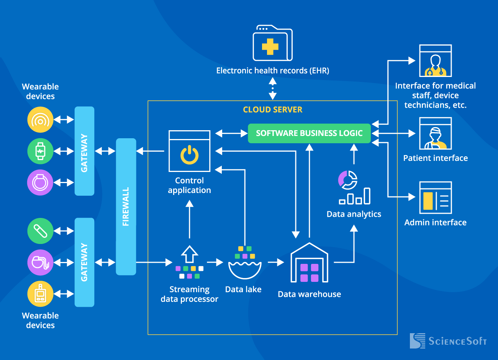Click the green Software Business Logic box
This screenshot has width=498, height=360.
point(309,133)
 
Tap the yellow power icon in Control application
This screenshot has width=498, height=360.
point(189,155)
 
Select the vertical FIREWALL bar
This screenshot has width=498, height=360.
point(126,206)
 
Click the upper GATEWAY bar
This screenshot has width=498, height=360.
point(84,151)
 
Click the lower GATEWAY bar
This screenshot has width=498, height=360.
point(84,262)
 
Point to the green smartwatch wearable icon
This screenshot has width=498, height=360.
point(40,151)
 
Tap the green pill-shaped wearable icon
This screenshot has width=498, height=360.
point(40,231)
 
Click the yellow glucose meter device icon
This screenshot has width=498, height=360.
point(40,294)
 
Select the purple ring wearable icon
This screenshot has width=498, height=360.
point(40,183)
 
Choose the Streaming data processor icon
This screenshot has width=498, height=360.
point(189,262)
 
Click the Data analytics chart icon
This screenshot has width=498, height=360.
point(354,188)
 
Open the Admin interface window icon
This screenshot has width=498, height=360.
point(436,198)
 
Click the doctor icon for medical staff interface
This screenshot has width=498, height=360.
point(436,61)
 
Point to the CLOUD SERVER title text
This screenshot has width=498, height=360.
point(272,110)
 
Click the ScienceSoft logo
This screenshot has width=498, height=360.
point(448,341)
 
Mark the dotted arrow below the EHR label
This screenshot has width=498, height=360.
point(272,88)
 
